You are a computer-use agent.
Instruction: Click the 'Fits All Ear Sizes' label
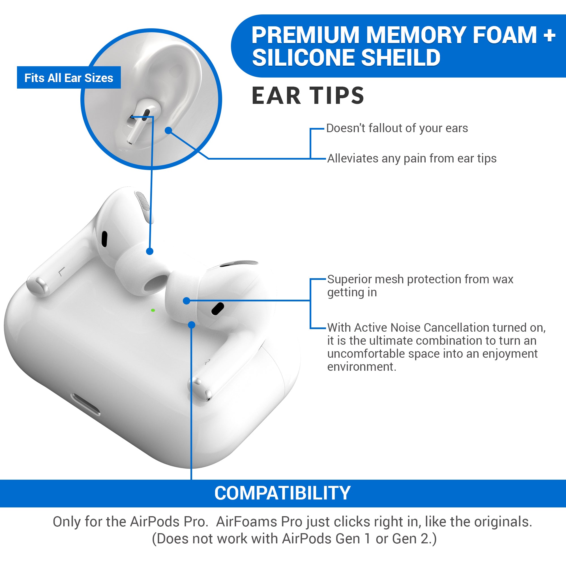pos(68,78)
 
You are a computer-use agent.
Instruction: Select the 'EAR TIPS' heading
pos(308,96)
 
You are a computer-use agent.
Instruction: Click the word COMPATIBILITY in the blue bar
pos(282,493)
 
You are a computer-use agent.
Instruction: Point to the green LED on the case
pos(153,310)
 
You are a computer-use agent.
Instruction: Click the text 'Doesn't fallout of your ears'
pos(397,128)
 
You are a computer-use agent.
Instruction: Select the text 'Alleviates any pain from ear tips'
pos(411,158)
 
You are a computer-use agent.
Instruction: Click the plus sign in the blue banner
pos(549,35)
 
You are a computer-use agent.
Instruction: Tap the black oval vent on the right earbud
pos(217,309)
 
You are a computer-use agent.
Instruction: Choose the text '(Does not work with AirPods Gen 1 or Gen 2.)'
pos(294,539)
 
